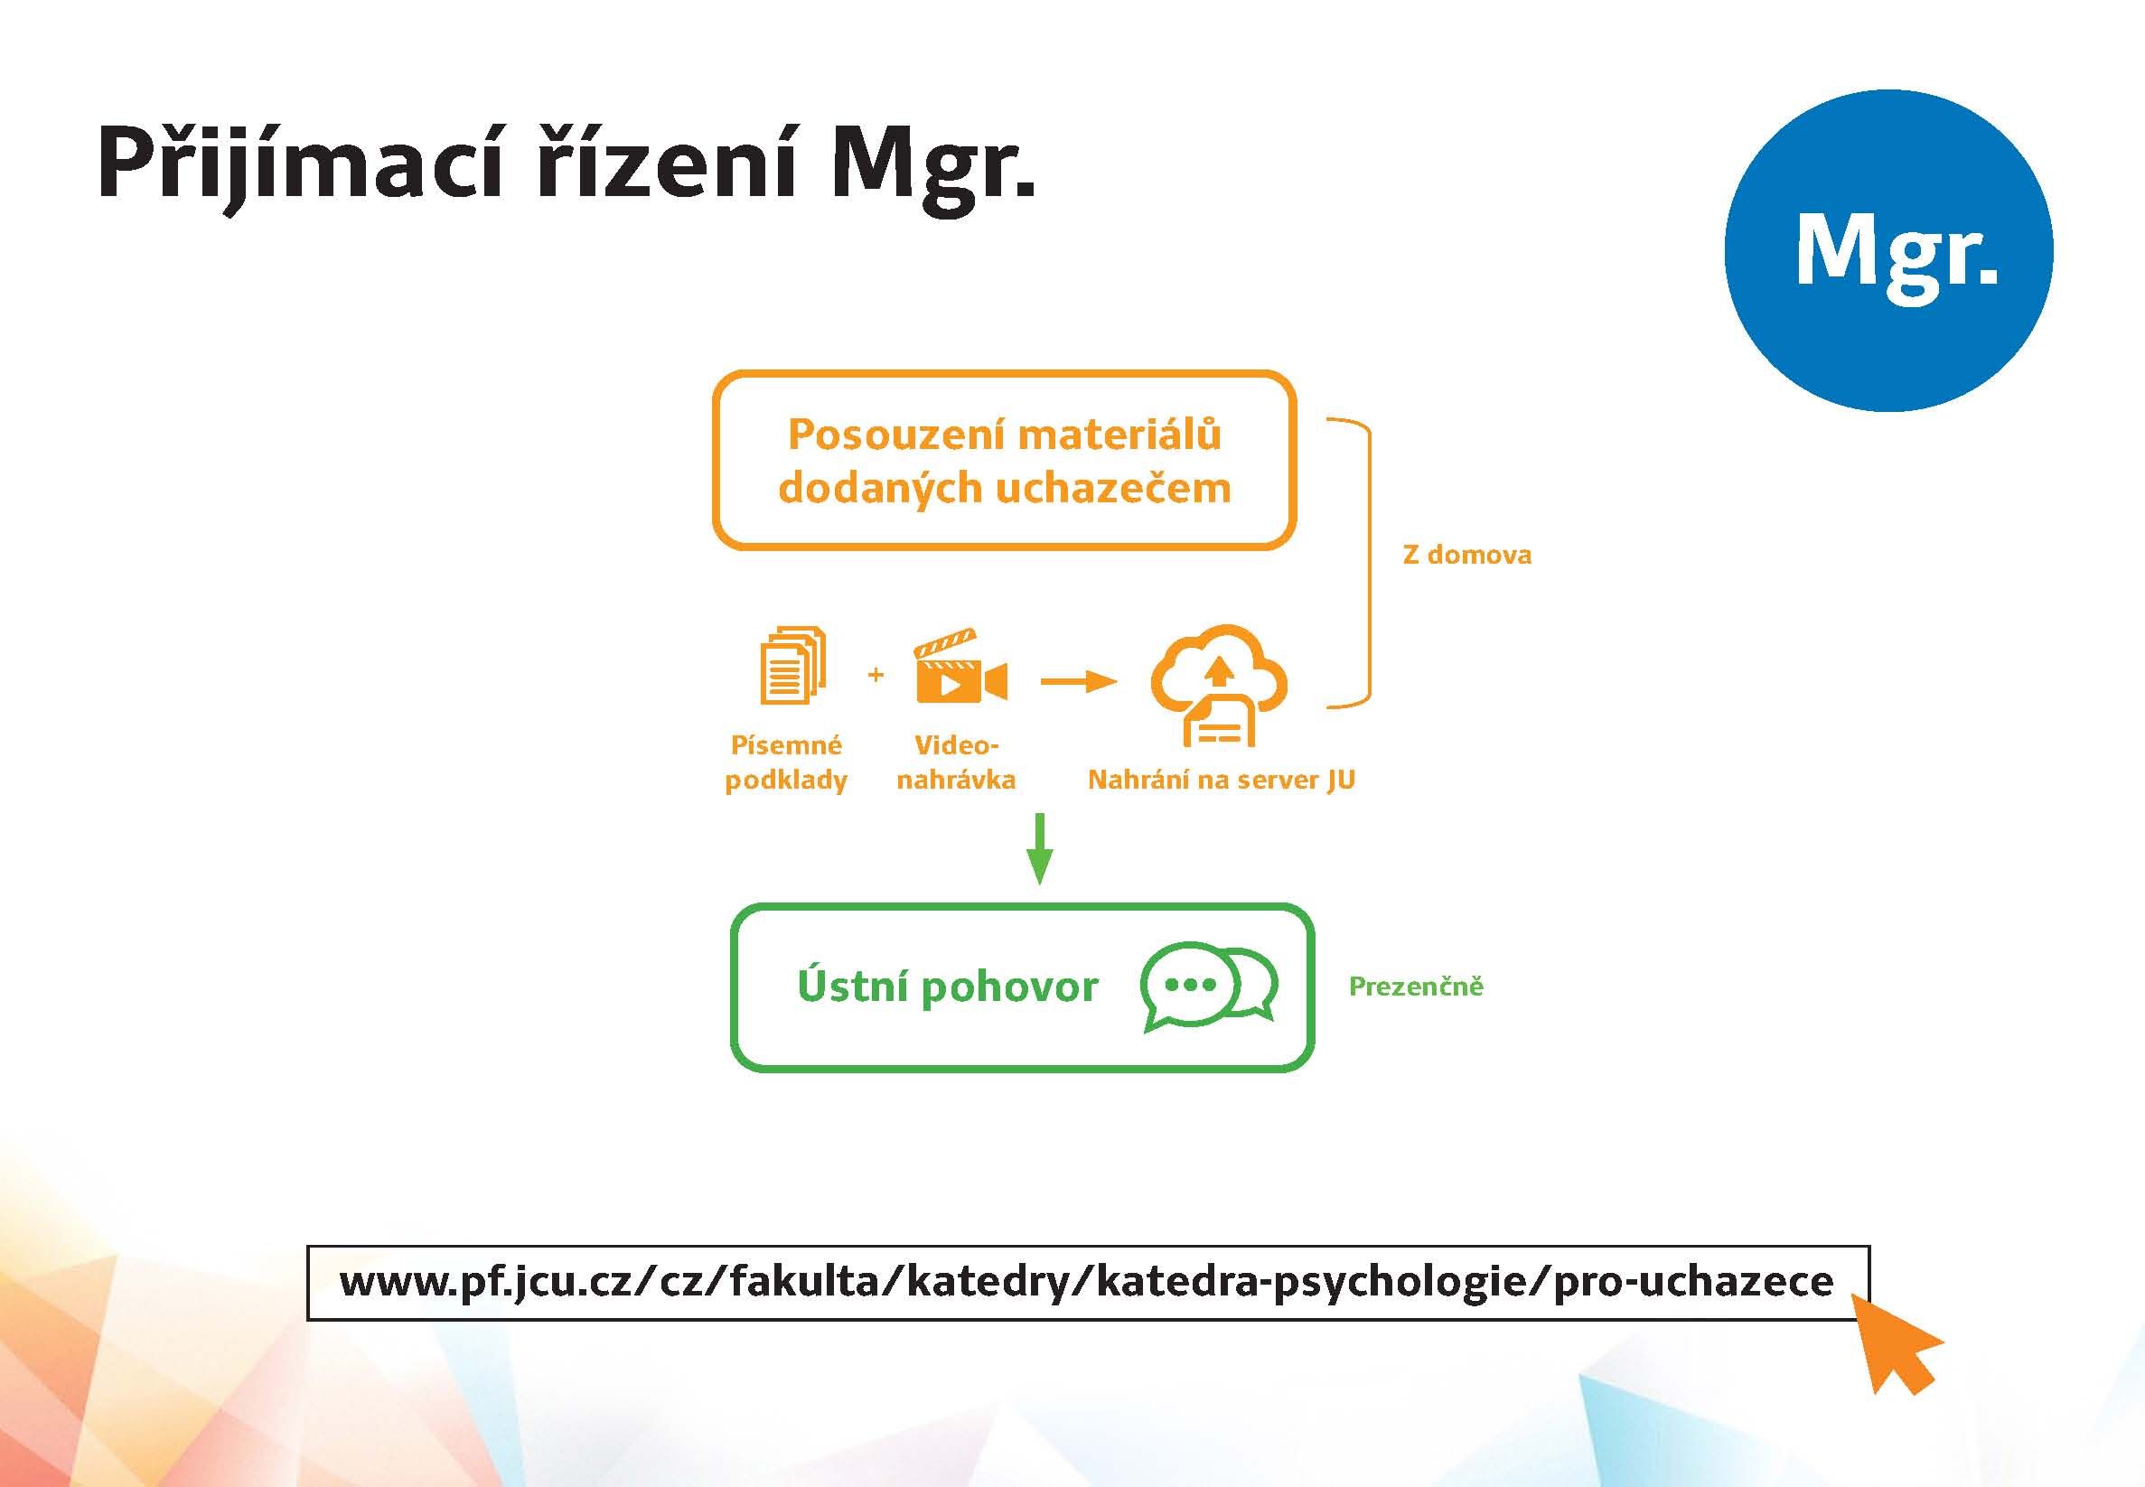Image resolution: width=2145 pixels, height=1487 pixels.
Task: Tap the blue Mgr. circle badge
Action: [1888, 250]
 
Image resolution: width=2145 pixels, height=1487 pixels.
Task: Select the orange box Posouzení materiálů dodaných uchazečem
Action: [1005, 460]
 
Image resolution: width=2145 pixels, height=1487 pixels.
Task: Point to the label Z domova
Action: [1466, 556]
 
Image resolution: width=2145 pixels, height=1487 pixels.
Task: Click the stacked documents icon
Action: [793, 664]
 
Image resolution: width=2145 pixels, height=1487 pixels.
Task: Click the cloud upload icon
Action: [1219, 686]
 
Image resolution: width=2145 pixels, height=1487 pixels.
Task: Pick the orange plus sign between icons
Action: [875, 675]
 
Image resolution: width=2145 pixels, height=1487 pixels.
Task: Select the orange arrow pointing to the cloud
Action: [1078, 683]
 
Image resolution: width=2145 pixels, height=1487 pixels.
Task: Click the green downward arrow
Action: [1039, 849]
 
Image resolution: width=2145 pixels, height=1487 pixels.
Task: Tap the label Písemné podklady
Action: [785, 762]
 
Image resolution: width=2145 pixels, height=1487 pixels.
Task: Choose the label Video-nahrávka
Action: [956, 762]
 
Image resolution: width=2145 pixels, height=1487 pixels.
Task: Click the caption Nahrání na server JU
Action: [1221, 780]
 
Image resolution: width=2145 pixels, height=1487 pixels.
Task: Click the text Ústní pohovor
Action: [948, 986]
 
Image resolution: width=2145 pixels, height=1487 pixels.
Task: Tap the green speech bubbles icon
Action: [1209, 987]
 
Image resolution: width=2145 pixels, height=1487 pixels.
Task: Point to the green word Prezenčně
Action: [1416, 986]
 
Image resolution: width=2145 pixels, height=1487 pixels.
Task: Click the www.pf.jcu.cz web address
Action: [1086, 1282]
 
